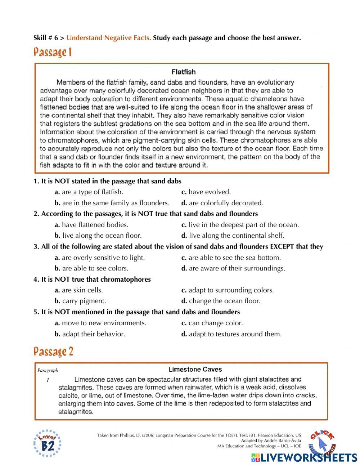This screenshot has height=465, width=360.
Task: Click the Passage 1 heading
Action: click(x=53, y=53)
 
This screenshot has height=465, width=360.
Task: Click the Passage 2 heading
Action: click(x=53, y=352)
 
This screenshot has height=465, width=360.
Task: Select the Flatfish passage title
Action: click(x=184, y=72)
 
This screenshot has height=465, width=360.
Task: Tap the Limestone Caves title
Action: click(x=195, y=369)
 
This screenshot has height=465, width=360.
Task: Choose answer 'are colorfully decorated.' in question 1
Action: click(x=226, y=203)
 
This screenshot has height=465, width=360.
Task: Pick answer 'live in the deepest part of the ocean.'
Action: click(x=243, y=225)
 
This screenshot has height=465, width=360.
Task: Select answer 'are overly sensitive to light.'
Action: click(x=103, y=258)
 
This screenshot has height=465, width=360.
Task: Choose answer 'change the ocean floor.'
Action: click(x=224, y=301)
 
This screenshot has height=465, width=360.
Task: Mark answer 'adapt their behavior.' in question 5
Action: click(x=93, y=334)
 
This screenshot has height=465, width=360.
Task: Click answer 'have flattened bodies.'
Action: click(x=95, y=225)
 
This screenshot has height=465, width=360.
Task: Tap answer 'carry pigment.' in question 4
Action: click(x=84, y=301)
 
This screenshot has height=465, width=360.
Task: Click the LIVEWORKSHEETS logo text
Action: click(x=309, y=457)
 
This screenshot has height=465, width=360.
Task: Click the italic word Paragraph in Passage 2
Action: click(x=48, y=370)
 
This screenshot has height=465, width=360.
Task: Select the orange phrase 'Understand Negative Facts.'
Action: click(x=109, y=38)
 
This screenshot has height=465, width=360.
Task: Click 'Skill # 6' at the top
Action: click(x=46, y=38)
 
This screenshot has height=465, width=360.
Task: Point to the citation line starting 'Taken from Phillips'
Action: click(x=199, y=435)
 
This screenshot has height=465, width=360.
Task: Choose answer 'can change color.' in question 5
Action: click(x=215, y=323)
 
